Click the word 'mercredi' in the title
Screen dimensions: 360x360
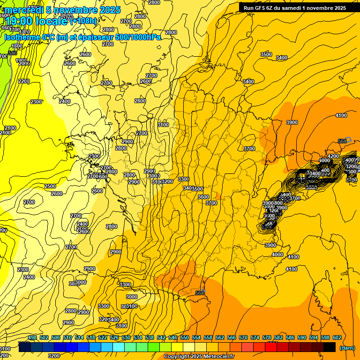click(23, 10)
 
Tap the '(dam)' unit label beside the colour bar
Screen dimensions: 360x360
click(347, 348)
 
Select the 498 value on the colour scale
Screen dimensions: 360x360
click(32, 338)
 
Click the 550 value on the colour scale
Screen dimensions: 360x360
click(185, 338)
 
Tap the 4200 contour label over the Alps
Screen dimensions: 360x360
click(333, 156)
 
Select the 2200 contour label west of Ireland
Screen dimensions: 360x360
click(24, 81)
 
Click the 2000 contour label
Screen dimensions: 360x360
click(24, 63)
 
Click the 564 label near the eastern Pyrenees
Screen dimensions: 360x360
click(200, 293)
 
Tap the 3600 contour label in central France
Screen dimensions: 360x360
click(203, 197)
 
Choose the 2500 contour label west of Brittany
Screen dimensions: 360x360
click(50, 186)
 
